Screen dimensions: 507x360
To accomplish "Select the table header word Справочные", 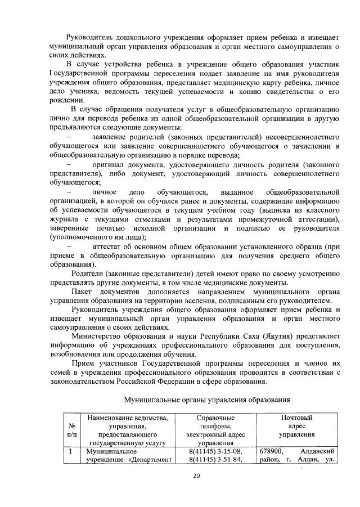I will coord(215,418).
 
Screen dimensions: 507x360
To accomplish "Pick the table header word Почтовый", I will coord(296,418).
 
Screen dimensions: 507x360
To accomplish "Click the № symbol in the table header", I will coord(70,426).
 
